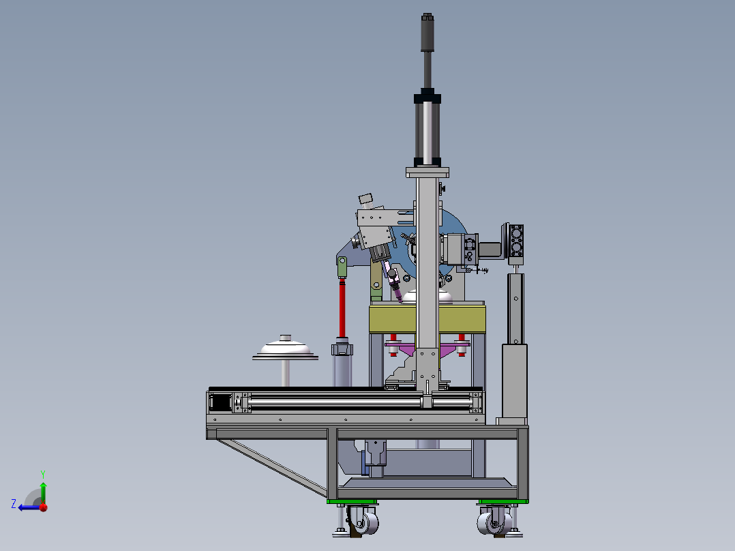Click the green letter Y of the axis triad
coord(43,474)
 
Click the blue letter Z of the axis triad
coord(14,504)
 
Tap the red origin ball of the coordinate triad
coord(44,507)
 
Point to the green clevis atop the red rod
coord(342,267)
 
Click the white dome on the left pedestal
coord(286,348)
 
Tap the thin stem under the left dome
coord(286,373)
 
